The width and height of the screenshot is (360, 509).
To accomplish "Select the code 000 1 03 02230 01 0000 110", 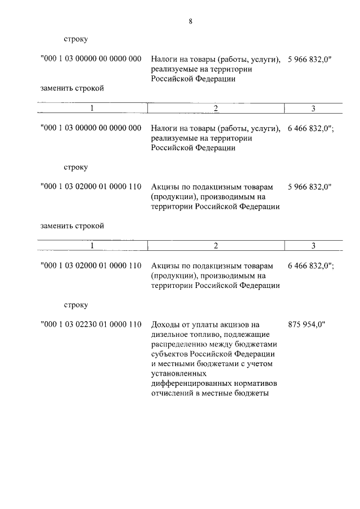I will click(91, 325).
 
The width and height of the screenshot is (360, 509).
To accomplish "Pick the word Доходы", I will click(166, 325).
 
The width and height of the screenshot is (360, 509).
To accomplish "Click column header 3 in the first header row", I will click(313, 108).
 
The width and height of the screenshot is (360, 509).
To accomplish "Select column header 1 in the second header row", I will click(92, 245).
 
